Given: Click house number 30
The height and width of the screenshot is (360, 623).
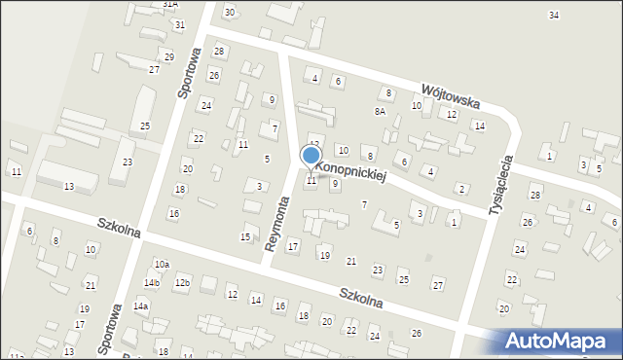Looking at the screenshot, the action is click(229, 12).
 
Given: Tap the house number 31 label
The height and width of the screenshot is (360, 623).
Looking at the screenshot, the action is click(178, 24).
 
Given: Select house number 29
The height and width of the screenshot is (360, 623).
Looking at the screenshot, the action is click(168, 57).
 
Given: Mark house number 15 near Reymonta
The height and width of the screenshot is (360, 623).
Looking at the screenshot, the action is click(245, 237).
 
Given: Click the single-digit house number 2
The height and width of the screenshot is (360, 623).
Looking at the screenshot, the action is click(461, 188).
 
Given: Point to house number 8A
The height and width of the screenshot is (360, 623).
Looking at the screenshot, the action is click(381, 112).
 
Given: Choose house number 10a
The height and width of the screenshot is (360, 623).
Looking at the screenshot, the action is click(162, 264).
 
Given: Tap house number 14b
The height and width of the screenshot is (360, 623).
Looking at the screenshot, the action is click(152, 282).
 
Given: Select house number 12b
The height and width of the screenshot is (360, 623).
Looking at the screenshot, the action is click(181, 282).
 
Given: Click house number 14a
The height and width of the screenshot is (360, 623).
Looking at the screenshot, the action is click(141, 306).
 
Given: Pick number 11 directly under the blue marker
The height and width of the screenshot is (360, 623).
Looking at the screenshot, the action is click(311, 180).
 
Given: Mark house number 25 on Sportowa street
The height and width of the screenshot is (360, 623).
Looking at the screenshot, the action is click(145, 126).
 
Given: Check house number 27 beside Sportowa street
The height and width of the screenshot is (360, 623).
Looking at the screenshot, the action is click(154, 70).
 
